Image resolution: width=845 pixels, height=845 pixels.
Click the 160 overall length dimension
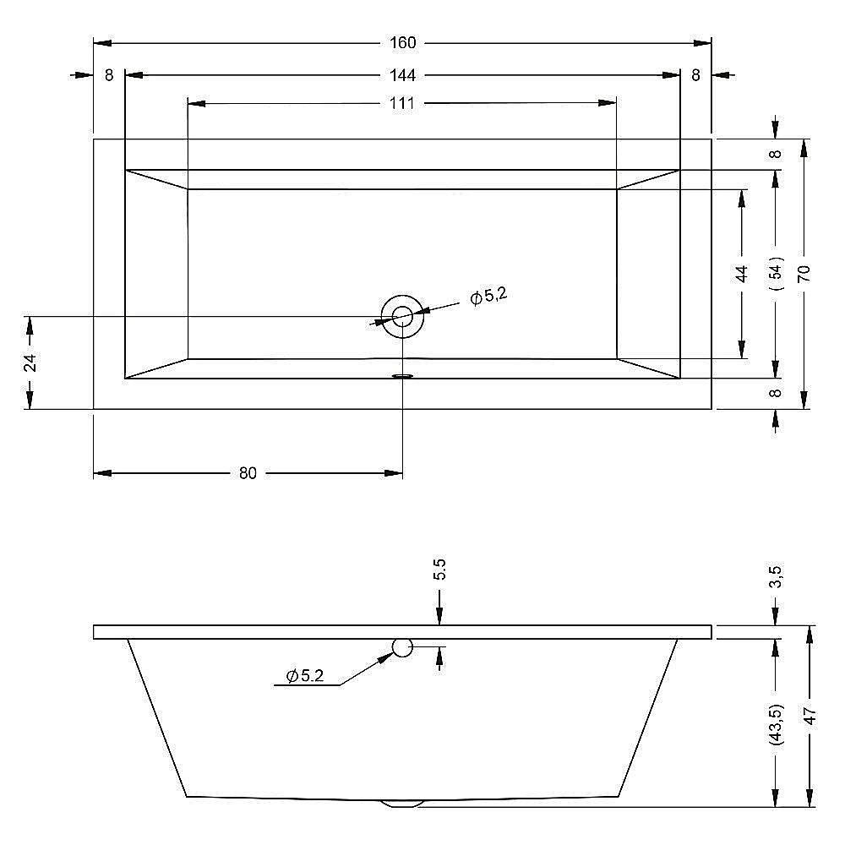click(x=402, y=42)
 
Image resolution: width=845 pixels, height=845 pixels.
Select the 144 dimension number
click(x=402, y=75)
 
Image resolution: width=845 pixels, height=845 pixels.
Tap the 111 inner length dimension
click(x=402, y=103)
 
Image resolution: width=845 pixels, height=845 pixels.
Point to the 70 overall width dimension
click(x=804, y=274)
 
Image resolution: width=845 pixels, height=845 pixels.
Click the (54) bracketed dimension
click(x=777, y=274)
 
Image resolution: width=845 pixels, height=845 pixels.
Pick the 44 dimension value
click(x=742, y=274)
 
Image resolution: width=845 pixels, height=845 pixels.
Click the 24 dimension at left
click(x=31, y=363)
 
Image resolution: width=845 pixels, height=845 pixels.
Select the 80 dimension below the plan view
click(x=248, y=473)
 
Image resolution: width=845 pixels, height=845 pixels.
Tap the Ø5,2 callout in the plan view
click(x=488, y=296)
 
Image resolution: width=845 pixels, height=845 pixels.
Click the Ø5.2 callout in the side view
click(x=305, y=676)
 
